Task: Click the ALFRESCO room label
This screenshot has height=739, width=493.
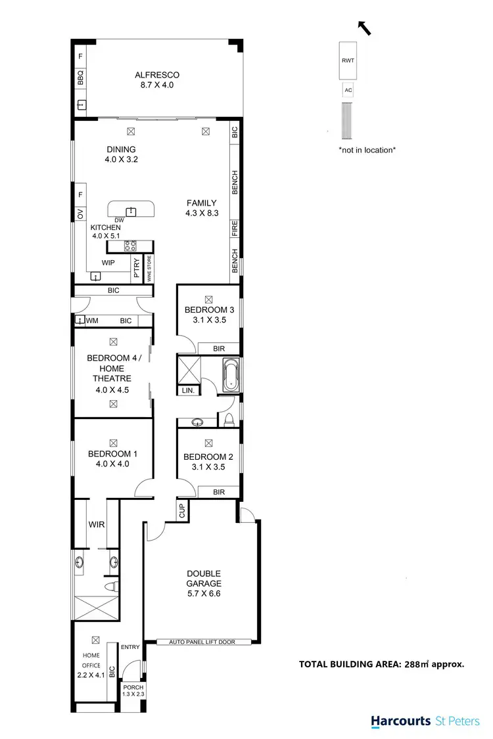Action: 157,76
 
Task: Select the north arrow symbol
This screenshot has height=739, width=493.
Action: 363,27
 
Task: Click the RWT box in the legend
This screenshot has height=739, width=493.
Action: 346,60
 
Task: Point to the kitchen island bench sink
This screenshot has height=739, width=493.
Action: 131,211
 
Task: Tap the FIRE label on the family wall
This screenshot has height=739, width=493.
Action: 235,229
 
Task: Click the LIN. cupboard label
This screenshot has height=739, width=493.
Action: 186,391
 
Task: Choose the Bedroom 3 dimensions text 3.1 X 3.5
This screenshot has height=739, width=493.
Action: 209,320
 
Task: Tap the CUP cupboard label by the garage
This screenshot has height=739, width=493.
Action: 181,510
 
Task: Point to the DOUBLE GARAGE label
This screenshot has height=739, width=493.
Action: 203,578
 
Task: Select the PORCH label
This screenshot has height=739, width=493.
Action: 133,687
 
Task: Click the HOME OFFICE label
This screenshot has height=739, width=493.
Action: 91,660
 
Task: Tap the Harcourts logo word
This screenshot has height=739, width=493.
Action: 400,721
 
